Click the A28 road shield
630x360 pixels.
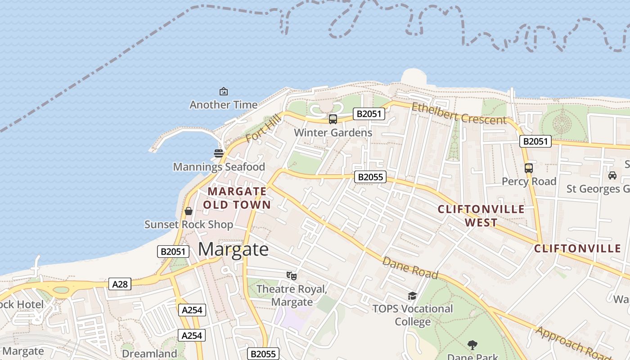pos(120,284)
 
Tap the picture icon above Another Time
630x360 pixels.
pos(224,92)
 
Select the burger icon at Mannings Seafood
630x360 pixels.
pos(219,153)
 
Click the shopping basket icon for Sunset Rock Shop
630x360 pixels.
pos(189,211)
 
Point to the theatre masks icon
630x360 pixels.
pos(291,275)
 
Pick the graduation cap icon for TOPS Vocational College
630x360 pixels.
pos(412,296)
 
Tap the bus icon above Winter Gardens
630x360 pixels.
pos(333,119)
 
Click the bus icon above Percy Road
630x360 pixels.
pos(529,168)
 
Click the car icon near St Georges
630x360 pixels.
pos(612,175)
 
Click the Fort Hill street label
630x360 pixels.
pos(263,128)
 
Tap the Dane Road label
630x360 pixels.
pos(410,268)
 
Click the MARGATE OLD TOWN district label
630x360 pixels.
pos(237,198)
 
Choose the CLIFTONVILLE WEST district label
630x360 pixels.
pos(481,216)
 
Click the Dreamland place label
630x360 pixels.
pos(149,354)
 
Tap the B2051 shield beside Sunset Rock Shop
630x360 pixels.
pos(173,252)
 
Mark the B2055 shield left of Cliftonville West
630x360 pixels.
pos(370,177)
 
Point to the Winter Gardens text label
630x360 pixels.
pos(333,133)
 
